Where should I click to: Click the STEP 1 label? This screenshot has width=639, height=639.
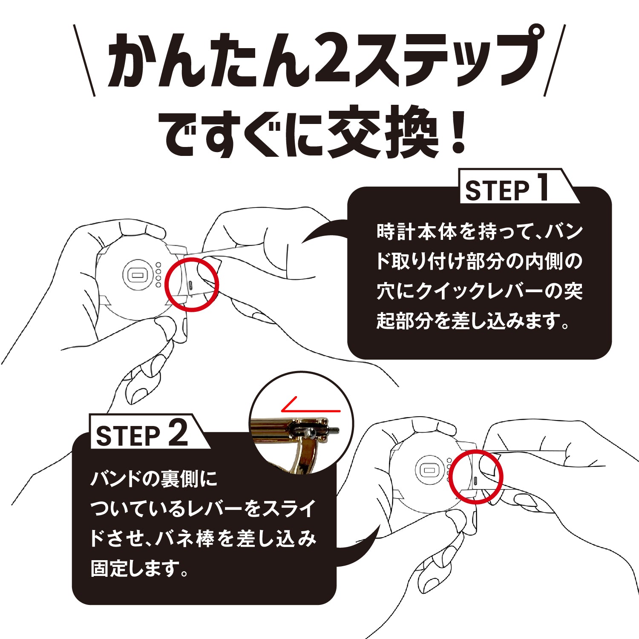coord(507,190)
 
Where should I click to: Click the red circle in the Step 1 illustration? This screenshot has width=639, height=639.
coord(192,283)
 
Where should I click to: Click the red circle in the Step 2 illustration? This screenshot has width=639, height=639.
coord(477,477)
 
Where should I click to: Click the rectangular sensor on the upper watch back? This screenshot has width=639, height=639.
coord(137,275)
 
